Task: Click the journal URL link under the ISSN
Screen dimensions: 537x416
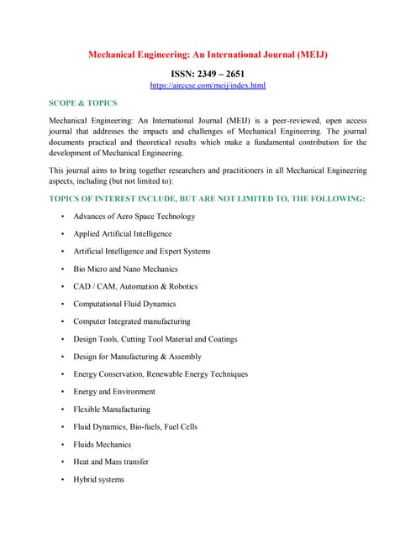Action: click(208, 86)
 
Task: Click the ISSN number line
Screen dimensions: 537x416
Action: click(208, 74)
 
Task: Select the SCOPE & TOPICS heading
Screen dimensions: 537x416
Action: click(83, 103)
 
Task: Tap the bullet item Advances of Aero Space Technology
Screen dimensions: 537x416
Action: click(134, 216)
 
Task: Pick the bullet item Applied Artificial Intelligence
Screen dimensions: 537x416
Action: click(122, 234)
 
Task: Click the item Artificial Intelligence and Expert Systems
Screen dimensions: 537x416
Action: click(141, 252)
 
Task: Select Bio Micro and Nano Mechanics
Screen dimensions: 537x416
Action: click(125, 269)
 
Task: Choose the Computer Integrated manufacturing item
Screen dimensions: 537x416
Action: click(131, 321)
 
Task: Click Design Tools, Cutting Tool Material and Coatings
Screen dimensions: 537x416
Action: click(155, 339)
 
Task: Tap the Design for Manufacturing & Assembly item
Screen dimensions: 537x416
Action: click(137, 357)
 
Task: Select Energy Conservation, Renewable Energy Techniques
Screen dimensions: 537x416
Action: click(160, 374)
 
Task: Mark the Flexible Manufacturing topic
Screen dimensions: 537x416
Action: click(112, 409)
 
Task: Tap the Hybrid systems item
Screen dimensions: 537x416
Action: click(98, 480)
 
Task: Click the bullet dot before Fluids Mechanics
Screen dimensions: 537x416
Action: click(63, 445)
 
